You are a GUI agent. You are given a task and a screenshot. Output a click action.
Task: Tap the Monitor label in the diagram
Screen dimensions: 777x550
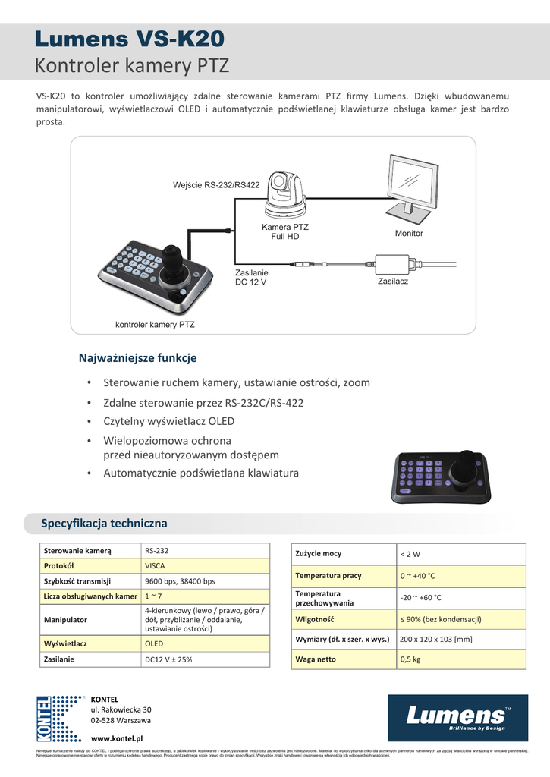409,233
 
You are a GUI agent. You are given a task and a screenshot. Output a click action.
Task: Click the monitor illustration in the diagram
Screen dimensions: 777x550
413,187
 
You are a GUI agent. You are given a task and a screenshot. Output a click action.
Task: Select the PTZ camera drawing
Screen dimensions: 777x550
285,195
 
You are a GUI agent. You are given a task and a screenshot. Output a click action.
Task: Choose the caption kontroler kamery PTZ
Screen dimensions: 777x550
155,325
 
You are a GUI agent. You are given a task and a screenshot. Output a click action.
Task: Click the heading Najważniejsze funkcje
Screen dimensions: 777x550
138,357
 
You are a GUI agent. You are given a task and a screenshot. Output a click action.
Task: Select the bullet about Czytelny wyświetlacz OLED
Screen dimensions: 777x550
169,421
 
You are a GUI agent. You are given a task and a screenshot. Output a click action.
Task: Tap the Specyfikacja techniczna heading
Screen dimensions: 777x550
104,524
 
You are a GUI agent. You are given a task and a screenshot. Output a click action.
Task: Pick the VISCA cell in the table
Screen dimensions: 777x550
155,565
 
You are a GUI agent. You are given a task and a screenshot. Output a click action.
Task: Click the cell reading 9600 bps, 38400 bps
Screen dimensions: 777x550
180,581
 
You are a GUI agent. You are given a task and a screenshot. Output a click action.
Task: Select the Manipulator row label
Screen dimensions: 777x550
66,620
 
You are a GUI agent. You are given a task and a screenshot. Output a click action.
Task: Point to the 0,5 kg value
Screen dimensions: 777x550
410,659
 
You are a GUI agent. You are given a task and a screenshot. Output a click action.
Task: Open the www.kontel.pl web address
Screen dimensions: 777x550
117,738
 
